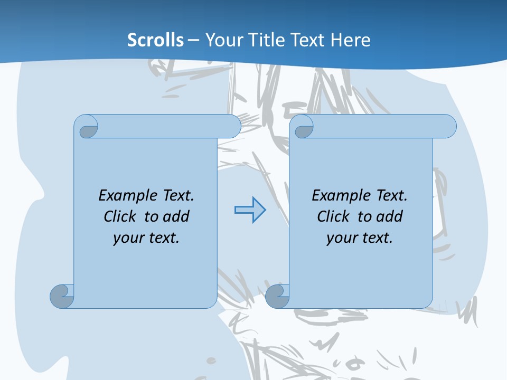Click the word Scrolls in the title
(156, 40)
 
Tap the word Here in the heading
(350, 40)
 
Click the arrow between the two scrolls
(250, 210)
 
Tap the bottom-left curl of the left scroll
(62, 296)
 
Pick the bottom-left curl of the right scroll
(277, 296)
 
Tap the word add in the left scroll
(176, 216)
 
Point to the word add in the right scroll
(389, 216)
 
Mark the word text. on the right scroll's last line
(375, 238)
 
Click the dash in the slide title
(194, 40)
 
